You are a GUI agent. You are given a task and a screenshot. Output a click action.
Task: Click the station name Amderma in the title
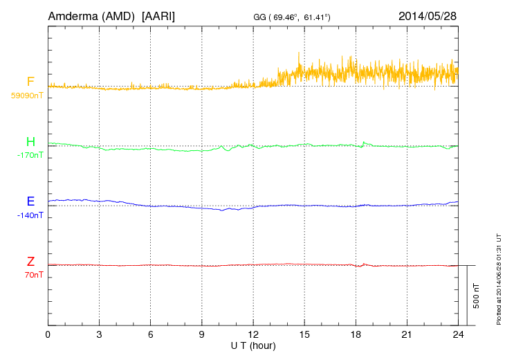coord(74,15)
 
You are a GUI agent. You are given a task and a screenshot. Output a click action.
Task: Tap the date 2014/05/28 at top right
coord(428,15)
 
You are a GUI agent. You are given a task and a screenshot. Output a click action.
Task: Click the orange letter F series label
coord(30,82)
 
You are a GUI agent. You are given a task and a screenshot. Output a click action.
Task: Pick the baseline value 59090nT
coord(27,96)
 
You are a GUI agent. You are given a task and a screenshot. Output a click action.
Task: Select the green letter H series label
coord(30,142)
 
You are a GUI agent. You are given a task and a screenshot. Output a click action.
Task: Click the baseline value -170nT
coord(30,155)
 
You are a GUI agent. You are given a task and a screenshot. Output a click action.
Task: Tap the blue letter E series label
coord(30,201)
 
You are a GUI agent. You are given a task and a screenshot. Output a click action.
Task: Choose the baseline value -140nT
coord(30,215)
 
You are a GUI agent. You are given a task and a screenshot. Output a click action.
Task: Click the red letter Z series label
coord(30,262)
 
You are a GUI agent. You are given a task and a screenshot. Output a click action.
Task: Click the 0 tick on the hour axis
coord(48,334)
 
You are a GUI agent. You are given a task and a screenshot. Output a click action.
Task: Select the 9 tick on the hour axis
coord(202,334)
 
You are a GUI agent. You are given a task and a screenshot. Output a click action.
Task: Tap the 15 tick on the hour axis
coord(304,334)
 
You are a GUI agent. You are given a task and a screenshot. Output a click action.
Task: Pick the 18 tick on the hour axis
coord(356,334)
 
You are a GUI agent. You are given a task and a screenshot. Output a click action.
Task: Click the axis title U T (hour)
coord(253,344)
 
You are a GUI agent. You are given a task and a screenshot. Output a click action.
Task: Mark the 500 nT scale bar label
coord(476,296)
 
